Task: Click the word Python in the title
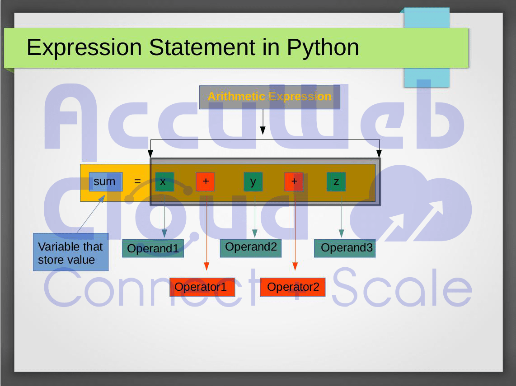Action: [x=323, y=47]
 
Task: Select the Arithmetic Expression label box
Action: [x=269, y=97]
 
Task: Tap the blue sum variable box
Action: [x=105, y=181]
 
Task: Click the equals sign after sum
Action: [x=137, y=181]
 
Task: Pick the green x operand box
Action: [x=164, y=181]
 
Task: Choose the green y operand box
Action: [x=253, y=181]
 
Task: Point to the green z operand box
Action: [x=336, y=181]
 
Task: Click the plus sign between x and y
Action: [x=205, y=181]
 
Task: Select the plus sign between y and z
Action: [x=294, y=181]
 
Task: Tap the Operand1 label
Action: [x=153, y=248]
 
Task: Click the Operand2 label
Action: [x=251, y=247]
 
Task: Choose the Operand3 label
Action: [x=345, y=248]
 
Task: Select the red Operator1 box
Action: [x=202, y=287]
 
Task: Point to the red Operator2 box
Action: [x=292, y=287]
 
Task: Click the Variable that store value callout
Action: [x=70, y=252]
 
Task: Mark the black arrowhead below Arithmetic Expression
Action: [x=263, y=130]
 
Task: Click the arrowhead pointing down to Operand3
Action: [x=342, y=233]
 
